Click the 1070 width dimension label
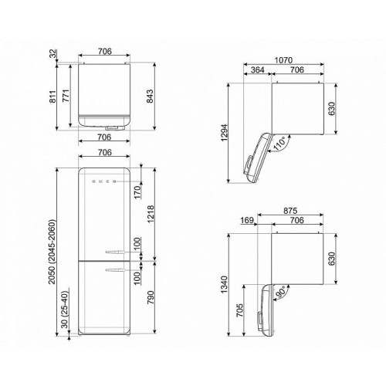click(283, 60)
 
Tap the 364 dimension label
click(257, 69)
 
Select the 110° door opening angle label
click(279, 144)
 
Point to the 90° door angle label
click(280, 291)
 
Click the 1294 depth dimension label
click(224, 133)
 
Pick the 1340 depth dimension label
click(224, 284)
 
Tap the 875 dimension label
click(290, 211)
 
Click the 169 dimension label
click(247, 220)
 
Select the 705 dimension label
click(239, 310)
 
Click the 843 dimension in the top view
click(150, 96)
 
